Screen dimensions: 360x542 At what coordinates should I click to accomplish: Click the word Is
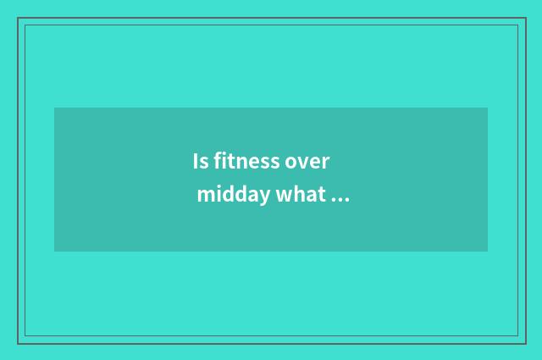coord(199,161)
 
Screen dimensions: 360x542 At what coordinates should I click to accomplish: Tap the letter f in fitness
coord(216,160)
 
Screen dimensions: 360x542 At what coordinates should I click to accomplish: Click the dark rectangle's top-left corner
coord(54,108)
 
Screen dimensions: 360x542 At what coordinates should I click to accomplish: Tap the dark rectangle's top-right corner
coord(488,108)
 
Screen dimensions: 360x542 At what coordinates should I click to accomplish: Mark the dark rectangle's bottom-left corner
coord(54,252)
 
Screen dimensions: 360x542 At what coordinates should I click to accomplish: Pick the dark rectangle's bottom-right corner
coord(488,252)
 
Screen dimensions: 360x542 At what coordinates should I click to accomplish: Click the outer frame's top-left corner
coord(18,18)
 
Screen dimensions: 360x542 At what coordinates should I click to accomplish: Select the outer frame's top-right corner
coord(524,18)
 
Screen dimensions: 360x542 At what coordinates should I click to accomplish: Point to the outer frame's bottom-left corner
coord(18,343)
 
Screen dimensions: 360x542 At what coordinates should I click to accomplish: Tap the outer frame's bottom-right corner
coord(524,343)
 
